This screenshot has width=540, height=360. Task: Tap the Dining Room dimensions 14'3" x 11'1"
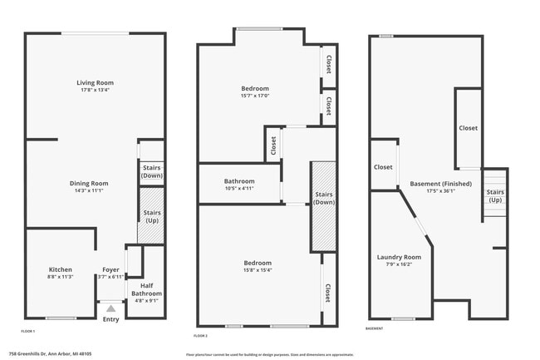point(88,190)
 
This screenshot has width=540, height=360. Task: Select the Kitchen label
point(60,269)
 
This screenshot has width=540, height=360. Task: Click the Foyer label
point(110,269)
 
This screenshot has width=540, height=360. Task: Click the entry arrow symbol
point(110,308)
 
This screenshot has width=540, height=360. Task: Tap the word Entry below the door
point(110,319)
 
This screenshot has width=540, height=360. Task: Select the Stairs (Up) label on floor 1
point(151,217)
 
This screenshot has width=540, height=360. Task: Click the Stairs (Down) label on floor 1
point(151,171)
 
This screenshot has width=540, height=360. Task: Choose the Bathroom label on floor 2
point(239,180)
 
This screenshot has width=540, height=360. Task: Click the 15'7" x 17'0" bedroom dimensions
point(255,96)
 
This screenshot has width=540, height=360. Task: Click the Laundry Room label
point(399,257)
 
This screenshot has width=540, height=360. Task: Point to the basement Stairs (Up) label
point(494,196)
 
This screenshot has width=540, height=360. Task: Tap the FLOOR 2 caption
point(201,335)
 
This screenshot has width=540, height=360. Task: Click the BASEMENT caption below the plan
point(375,328)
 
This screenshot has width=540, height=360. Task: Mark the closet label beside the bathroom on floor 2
point(273,146)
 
